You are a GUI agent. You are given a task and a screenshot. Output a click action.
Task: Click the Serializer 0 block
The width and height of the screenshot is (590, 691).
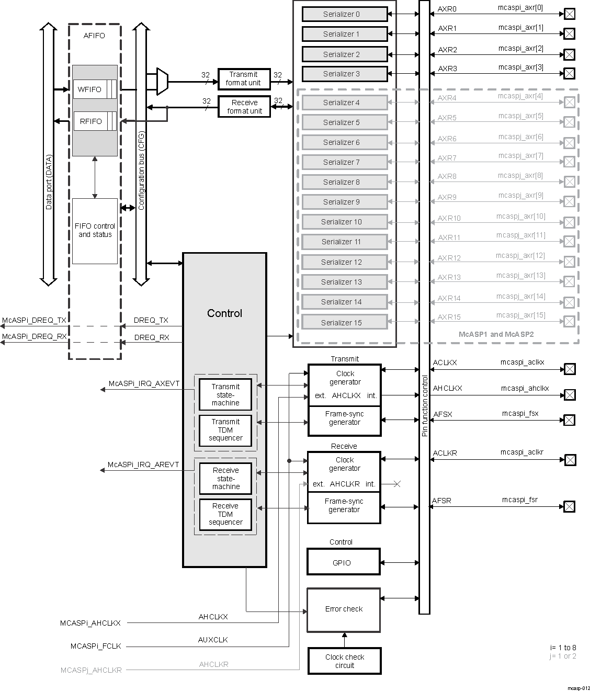tap(344, 14)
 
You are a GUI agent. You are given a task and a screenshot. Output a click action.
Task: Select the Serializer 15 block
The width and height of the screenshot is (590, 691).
tap(344, 322)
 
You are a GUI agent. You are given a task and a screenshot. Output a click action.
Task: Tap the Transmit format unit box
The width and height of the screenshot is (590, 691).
tap(244, 79)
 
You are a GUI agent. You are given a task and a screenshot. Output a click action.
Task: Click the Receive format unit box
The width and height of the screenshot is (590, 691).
tap(244, 107)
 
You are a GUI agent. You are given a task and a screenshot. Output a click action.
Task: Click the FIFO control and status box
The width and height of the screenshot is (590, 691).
tap(95, 231)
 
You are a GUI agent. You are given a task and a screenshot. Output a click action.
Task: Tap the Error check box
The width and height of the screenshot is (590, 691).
tap(343, 609)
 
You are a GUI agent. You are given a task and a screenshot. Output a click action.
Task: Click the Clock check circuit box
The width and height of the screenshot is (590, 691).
tap(344, 661)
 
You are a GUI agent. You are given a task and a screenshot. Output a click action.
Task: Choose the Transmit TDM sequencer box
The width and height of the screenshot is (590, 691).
tap(225, 430)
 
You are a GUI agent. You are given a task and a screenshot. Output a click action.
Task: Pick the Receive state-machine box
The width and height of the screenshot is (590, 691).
tap(225, 479)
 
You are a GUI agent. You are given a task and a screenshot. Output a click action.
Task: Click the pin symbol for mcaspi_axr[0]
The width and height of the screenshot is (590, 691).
tap(569, 14)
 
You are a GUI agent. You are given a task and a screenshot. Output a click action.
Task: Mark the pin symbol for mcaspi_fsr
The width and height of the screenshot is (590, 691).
tap(569, 506)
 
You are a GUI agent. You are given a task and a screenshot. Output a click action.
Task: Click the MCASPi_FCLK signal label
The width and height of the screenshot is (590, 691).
tap(96, 646)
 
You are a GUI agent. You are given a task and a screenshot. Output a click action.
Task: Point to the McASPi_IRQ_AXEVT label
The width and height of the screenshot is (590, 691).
tap(144, 383)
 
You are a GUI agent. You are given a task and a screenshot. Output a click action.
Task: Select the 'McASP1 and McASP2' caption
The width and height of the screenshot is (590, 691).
tap(496, 334)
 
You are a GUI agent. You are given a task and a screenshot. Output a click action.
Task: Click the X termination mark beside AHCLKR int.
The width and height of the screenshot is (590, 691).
tap(397, 484)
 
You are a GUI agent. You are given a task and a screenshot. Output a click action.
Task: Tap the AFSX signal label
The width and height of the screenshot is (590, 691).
tap(442, 414)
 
